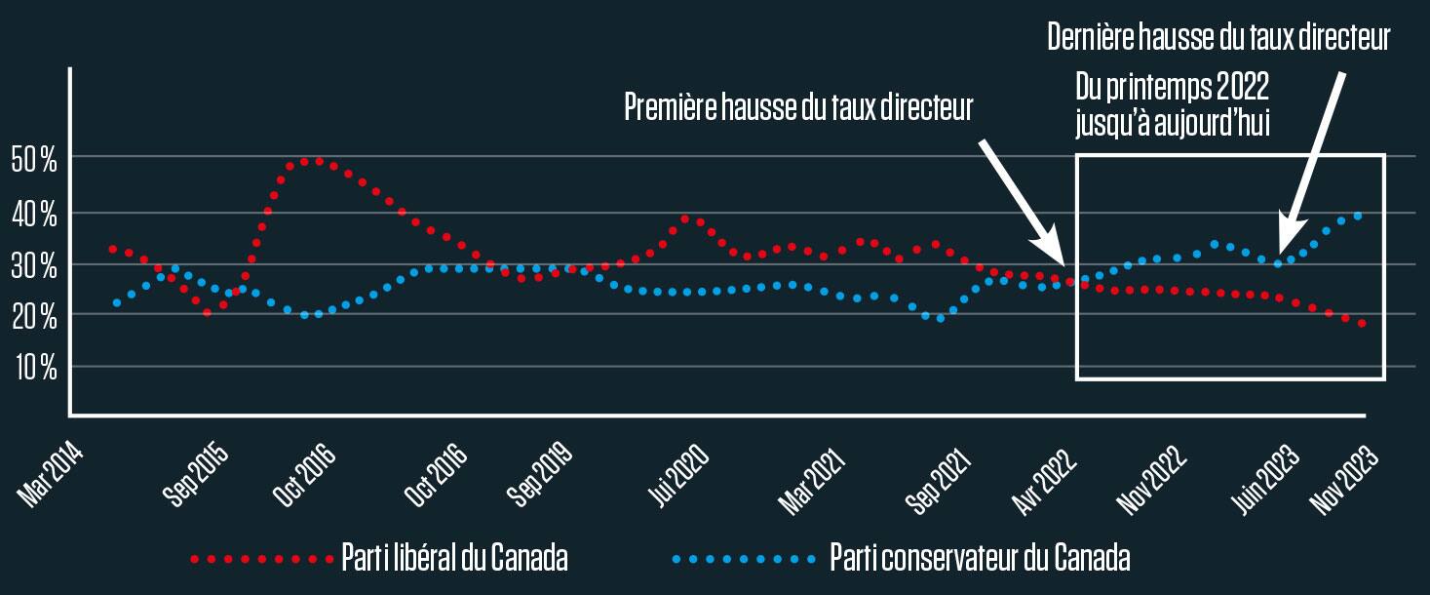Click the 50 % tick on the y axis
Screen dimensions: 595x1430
tap(34, 160)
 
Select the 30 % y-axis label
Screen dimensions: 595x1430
tap(34, 264)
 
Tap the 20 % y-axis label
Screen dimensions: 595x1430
tap(34, 316)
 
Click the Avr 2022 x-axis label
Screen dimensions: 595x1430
tap(1047, 473)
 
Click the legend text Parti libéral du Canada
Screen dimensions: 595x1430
tap(454, 559)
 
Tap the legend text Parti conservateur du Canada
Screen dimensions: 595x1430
tap(980, 559)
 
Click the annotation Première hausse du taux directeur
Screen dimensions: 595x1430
tap(798, 106)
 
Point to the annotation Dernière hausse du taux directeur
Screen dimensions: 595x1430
tap(1217, 38)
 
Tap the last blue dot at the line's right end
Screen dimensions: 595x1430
tap(1358, 216)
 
